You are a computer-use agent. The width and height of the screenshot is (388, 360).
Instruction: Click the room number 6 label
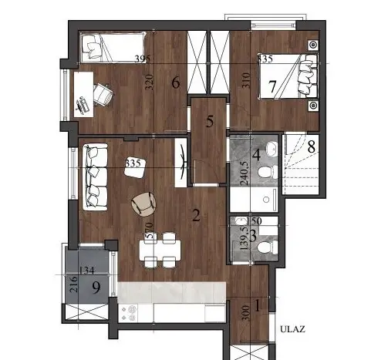[176, 82]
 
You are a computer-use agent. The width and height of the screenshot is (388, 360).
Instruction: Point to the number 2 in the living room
[196, 216]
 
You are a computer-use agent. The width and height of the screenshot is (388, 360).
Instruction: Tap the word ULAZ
[293, 329]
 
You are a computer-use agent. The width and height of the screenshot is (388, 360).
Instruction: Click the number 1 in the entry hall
[258, 304]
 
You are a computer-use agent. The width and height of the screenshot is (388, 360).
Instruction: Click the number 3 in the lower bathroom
[243, 234]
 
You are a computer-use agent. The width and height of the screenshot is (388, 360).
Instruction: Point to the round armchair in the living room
[143, 204]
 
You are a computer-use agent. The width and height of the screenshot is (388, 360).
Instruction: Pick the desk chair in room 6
[103, 93]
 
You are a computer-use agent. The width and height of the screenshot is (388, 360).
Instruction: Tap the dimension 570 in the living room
[150, 232]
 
